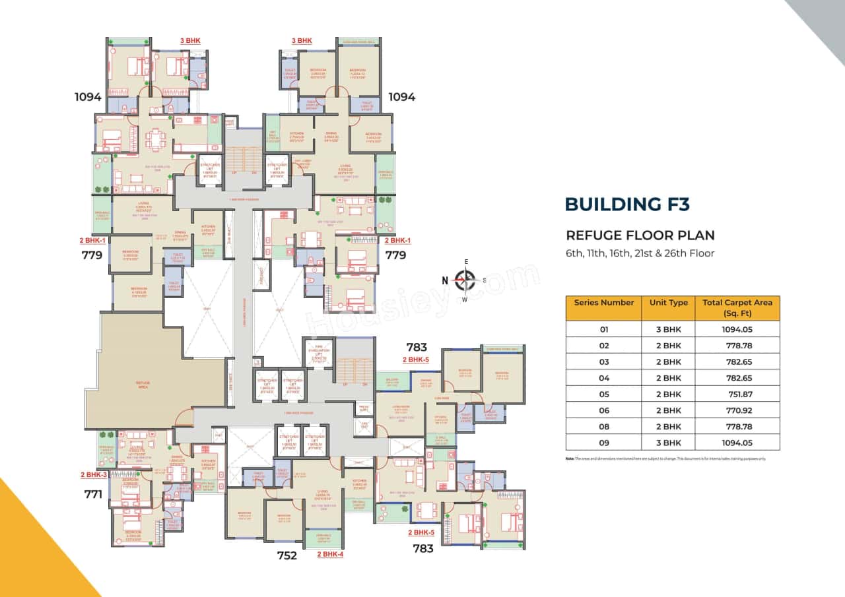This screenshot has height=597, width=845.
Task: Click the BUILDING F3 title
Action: tap(627, 204)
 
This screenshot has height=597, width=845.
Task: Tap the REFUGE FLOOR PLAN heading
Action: tap(640, 236)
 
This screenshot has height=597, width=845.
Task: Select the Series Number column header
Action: tap(603, 303)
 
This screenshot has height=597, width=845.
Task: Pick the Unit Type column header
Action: tap(668, 303)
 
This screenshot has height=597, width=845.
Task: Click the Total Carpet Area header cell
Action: tap(737, 307)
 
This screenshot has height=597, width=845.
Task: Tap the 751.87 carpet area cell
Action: tap(737, 394)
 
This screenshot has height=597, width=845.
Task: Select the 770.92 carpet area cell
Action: tap(737, 410)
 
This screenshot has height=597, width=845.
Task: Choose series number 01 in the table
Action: tap(603, 329)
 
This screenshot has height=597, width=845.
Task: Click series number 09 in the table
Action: tap(603, 443)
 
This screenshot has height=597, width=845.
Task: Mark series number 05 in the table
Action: tap(603, 394)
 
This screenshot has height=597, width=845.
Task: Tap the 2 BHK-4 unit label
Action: tap(330, 554)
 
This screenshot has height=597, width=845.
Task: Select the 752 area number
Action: tap(287, 555)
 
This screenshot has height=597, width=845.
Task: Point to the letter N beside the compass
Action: tap(446, 280)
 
